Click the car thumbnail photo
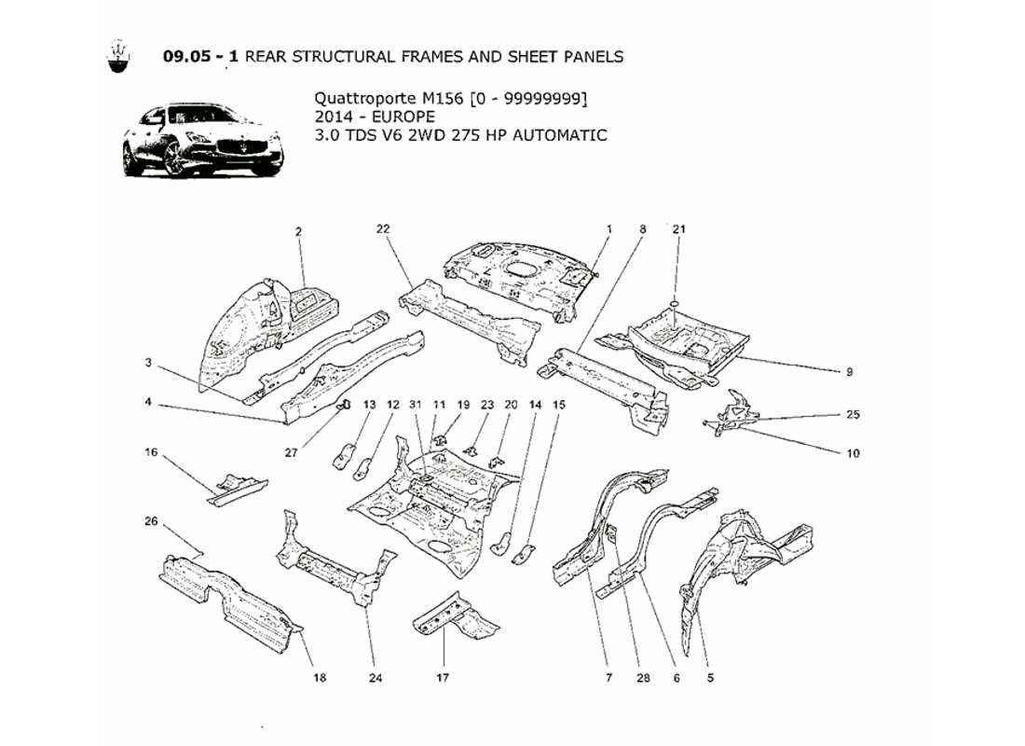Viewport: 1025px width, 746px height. (x=202, y=140)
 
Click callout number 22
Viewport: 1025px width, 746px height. (x=383, y=228)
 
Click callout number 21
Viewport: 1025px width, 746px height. (x=678, y=228)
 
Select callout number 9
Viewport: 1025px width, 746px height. (x=849, y=372)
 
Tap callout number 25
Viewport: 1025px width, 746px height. (x=853, y=415)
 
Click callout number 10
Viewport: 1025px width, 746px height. (x=853, y=454)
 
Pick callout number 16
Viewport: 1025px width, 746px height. (x=151, y=452)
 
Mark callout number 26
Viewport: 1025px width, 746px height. (x=151, y=521)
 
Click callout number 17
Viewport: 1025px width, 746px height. (x=444, y=678)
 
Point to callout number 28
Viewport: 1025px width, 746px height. (x=642, y=678)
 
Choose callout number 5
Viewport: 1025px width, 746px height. (x=710, y=678)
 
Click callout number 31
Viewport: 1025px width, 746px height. (x=416, y=405)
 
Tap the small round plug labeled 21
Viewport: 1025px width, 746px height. (x=673, y=305)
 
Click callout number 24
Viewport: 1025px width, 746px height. (x=376, y=678)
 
